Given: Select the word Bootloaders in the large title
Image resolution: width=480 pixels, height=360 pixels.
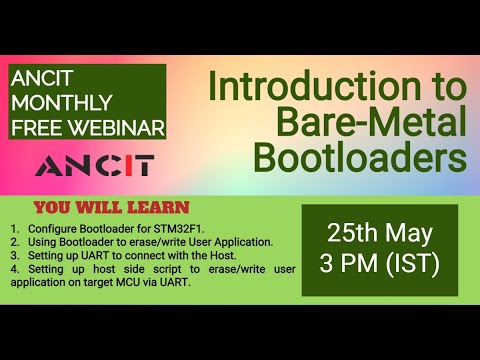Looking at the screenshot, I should pos(360,158).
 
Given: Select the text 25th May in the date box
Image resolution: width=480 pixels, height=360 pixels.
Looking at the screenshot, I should pos(379,234).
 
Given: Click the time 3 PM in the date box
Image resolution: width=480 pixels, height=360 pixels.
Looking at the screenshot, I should pos(348,267).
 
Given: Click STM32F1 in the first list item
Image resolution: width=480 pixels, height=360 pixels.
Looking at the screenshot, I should pos(161,229).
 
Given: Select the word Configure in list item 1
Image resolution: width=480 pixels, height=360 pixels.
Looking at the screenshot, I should pos(46,229).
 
